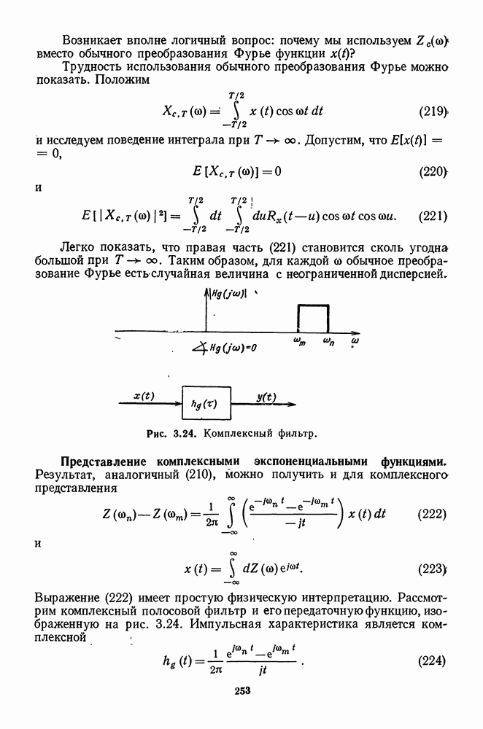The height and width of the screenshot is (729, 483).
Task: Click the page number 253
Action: click(x=242, y=692)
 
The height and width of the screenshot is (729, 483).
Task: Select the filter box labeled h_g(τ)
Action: click(x=206, y=403)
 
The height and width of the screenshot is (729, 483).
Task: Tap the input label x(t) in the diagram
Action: click(x=144, y=395)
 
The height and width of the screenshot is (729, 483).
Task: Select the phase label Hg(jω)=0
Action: click(x=232, y=348)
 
